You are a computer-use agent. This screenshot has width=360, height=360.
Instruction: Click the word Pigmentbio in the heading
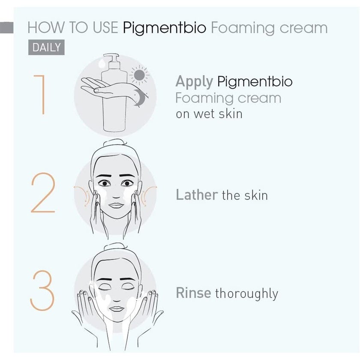(165, 28)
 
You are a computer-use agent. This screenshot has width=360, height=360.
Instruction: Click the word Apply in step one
(195, 81)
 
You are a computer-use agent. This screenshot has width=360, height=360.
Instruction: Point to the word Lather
(197, 195)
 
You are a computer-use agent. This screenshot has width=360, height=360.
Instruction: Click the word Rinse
(193, 293)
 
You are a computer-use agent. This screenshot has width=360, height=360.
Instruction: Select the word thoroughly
(246, 294)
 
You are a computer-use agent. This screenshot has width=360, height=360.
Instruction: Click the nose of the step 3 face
(116, 296)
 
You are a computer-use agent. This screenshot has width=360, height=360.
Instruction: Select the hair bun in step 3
(114, 247)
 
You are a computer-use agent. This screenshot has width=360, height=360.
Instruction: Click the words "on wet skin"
(209, 114)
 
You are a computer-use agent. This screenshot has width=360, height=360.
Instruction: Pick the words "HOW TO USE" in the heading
(72, 28)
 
